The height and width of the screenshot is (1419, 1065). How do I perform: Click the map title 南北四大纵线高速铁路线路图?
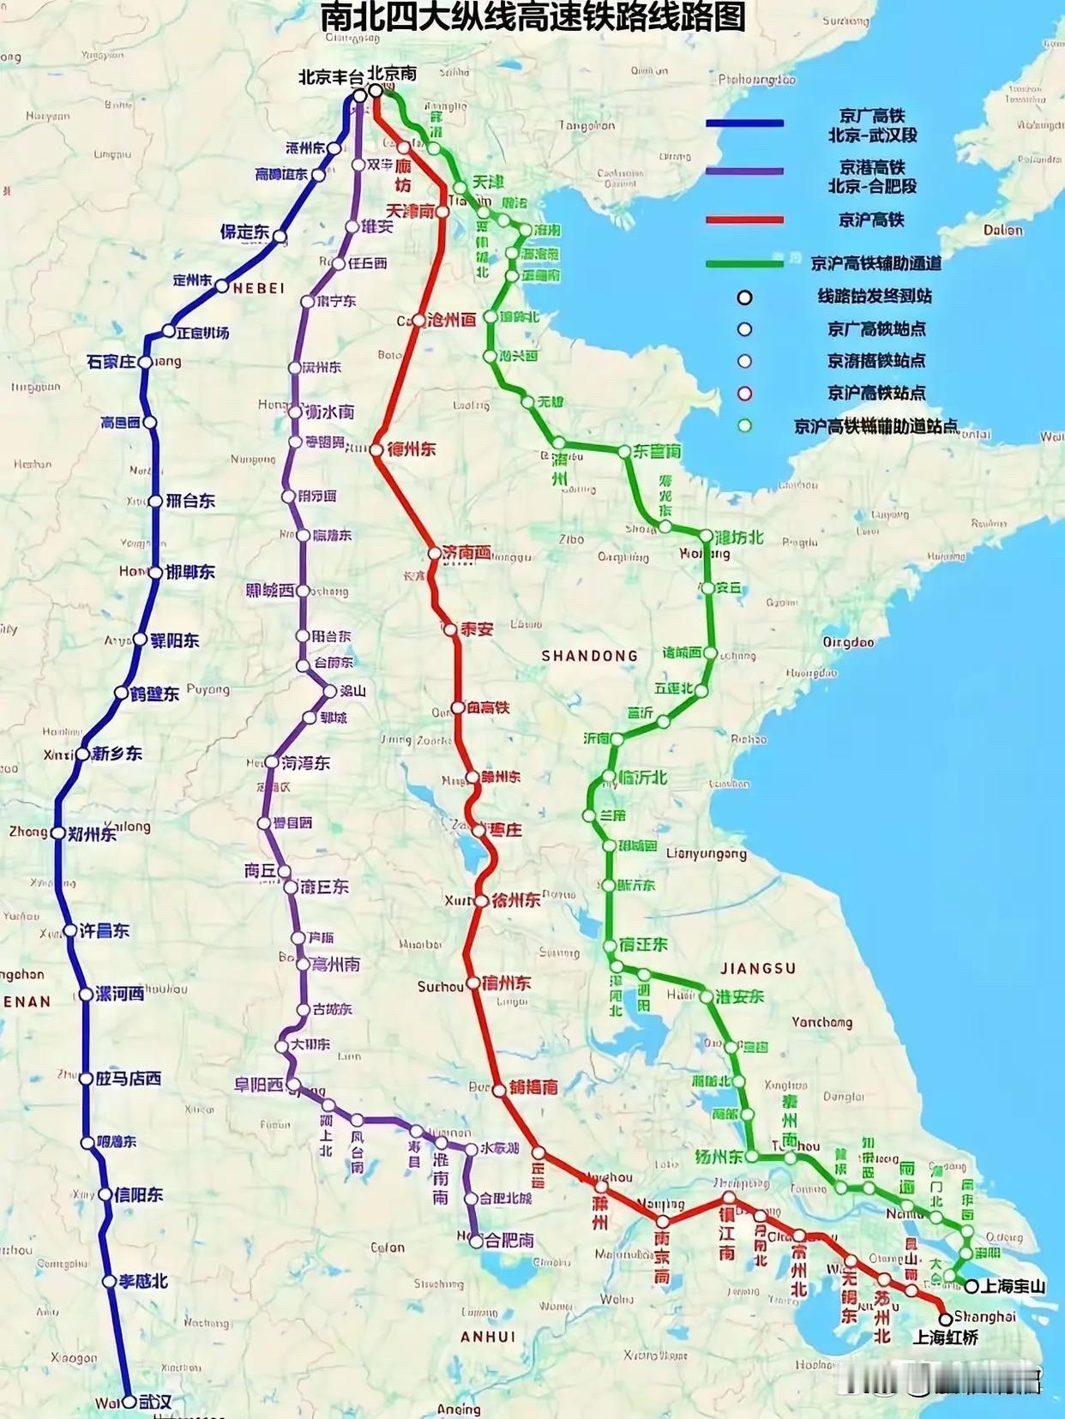click(x=532, y=17)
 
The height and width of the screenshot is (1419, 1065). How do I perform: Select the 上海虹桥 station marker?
click(x=945, y=1319)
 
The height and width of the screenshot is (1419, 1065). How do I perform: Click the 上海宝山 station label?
click(x=1014, y=1286)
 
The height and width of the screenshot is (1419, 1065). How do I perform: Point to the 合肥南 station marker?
click(x=476, y=1241)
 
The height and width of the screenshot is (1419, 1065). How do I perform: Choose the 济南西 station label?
click(x=467, y=553)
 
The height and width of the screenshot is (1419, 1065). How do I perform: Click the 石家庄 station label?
click(x=111, y=362)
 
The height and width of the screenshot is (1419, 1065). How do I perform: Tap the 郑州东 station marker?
click(x=57, y=833)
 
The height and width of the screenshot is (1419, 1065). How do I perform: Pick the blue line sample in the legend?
click(x=744, y=123)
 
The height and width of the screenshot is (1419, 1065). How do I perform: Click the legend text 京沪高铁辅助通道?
click(x=875, y=263)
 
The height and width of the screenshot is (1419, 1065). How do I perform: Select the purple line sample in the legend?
click(x=744, y=171)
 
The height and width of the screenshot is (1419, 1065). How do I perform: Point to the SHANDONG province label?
click(x=590, y=656)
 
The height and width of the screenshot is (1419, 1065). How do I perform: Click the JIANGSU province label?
click(x=758, y=968)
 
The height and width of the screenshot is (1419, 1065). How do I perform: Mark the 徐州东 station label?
click(x=515, y=900)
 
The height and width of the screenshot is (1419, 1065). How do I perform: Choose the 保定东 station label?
click(x=244, y=231)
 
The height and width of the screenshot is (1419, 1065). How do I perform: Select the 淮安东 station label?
click(x=739, y=996)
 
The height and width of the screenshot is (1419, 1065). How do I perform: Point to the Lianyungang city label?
click(x=706, y=853)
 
